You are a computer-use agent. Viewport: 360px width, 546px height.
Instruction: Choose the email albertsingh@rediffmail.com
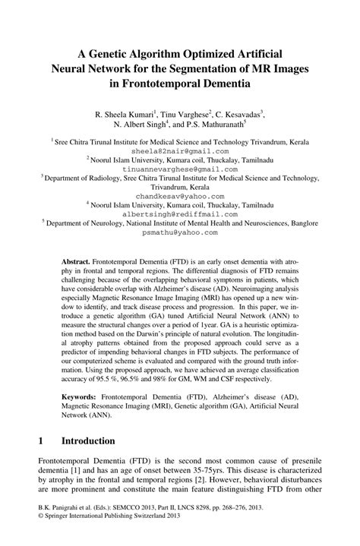click(x=179, y=214)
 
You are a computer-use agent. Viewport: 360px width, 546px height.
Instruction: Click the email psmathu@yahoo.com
click(x=179, y=233)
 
